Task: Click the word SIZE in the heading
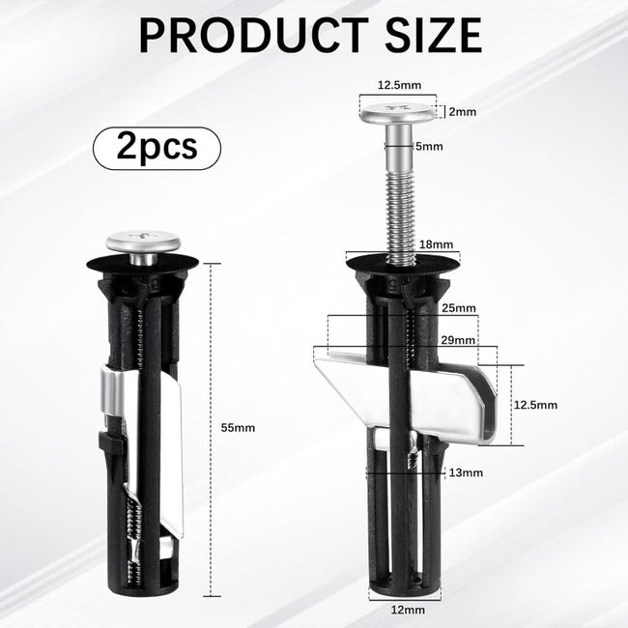click(434, 35)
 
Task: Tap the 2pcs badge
click(157, 148)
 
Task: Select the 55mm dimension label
click(238, 428)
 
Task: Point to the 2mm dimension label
click(463, 112)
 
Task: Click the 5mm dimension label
click(429, 146)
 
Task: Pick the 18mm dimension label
click(436, 244)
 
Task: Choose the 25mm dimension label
click(459, 308)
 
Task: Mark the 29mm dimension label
click(458, 340)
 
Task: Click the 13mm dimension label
click(466, 472)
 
